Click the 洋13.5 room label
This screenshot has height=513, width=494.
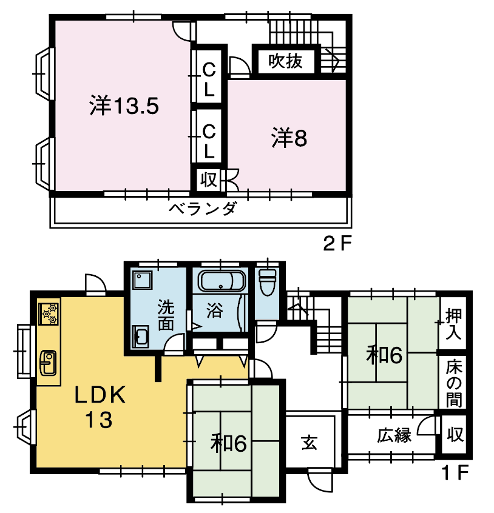click(x=124, y=106)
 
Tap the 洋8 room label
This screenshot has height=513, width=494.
click(x=289, y=138)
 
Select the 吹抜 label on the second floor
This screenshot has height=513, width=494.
click(x=285, y=61)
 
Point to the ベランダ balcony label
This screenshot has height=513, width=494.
click(x=202, y=208)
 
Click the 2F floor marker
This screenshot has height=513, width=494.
click(x=337, y=243)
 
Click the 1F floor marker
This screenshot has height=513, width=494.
click(x=455, y=472)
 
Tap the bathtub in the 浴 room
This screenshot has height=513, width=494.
click(x=222, y=281)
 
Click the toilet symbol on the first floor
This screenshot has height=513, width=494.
click(x=268, y=282)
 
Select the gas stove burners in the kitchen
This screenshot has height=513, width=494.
click(x=49, y=314)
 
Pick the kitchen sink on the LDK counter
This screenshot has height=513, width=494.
click(x=48, y=362)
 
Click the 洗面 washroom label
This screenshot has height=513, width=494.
click(x=166, y=315)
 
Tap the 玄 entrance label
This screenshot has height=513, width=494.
click(x=310, y=443)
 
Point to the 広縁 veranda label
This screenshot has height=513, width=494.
click(x=394, y=435)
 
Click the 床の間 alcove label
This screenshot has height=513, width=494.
click(x=454, y=383)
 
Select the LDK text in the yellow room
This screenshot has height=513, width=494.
click(x=100, y=395)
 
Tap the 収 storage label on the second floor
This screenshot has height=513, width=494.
click(x=209, y=179)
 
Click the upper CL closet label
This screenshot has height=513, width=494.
click(x=209, y=79)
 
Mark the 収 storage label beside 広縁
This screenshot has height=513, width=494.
click(x=455, y=435)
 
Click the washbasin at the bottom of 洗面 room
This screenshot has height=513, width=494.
click(x=140, y=337)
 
